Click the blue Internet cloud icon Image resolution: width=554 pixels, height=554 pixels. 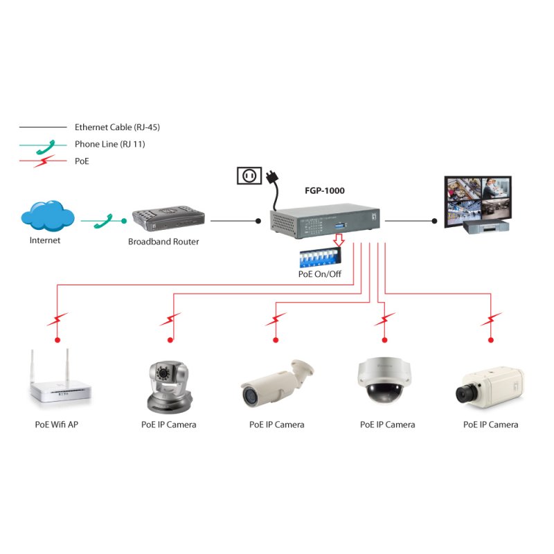tap(47, 215)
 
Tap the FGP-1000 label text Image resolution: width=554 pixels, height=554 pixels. tap(324, 190)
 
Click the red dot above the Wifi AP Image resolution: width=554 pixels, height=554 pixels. tap(57, 340)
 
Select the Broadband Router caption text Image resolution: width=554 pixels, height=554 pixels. tap(163, 242)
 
